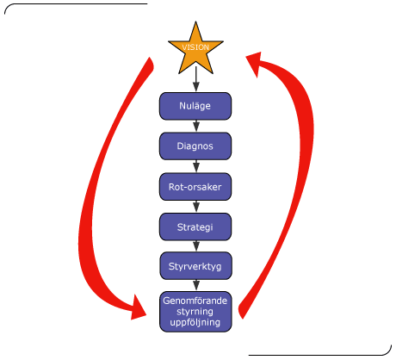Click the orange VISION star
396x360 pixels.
pos(195,51)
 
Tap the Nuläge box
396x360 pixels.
pos(195,106)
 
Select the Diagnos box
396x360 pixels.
pos(195,146)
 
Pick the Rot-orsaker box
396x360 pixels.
pos(195,187)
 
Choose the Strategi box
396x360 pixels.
pos(195,227)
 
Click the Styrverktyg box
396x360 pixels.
pos(195,266)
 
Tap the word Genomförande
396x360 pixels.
pos(195,301)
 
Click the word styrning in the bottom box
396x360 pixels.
pos(195,312)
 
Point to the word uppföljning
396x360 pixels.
pos(195,322)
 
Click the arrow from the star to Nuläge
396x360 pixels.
pos(196,79)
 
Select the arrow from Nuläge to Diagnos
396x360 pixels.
pos(196,126)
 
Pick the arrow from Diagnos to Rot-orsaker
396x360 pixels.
pos(196,166)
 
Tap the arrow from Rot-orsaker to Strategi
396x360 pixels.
pos(196,207)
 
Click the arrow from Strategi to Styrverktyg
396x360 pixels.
pos(196,246)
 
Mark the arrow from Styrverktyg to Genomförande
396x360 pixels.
pos(196,285)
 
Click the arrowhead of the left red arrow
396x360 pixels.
pos(138,308)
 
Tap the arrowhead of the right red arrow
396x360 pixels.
pos(256,62)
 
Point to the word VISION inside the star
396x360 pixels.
pos(195,47)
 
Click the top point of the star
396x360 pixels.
pos(195,22)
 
